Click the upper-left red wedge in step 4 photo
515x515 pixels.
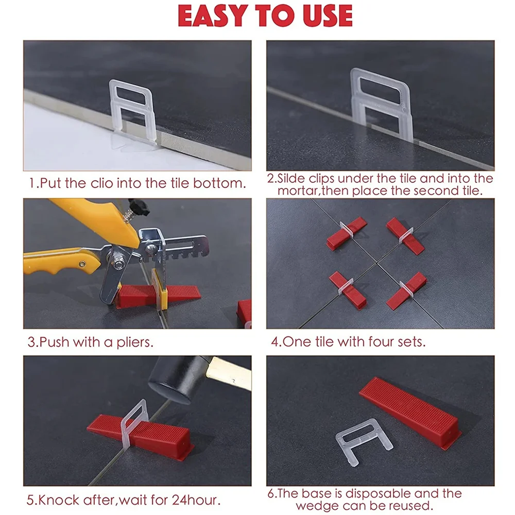pyautogui.click(x=347, y=233)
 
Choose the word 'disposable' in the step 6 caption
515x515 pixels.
pyautogui.click(x=381, y=493)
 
